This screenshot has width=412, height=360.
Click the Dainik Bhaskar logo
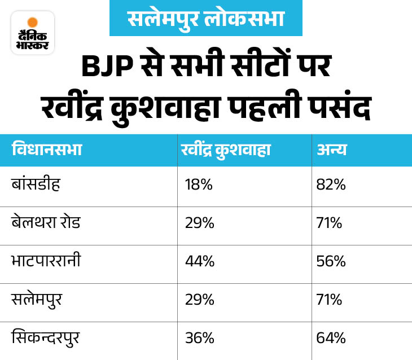tap(32, 33)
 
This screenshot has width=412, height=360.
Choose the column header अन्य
tap(331, 150)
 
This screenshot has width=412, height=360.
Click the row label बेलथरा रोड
tap(47, 222)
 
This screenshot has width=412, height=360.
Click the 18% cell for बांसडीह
tap(199, 185)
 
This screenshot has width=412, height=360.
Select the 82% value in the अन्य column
tap(331, 185)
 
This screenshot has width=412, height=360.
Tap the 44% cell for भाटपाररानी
tap(199, 261)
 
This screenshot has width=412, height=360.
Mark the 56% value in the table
tap(331, 261)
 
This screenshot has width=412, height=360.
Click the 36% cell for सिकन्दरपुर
tap(199, 338)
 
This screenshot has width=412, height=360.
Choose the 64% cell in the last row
tap(331, 338)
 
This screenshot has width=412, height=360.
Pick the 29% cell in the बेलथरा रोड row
tap(199, 223)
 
